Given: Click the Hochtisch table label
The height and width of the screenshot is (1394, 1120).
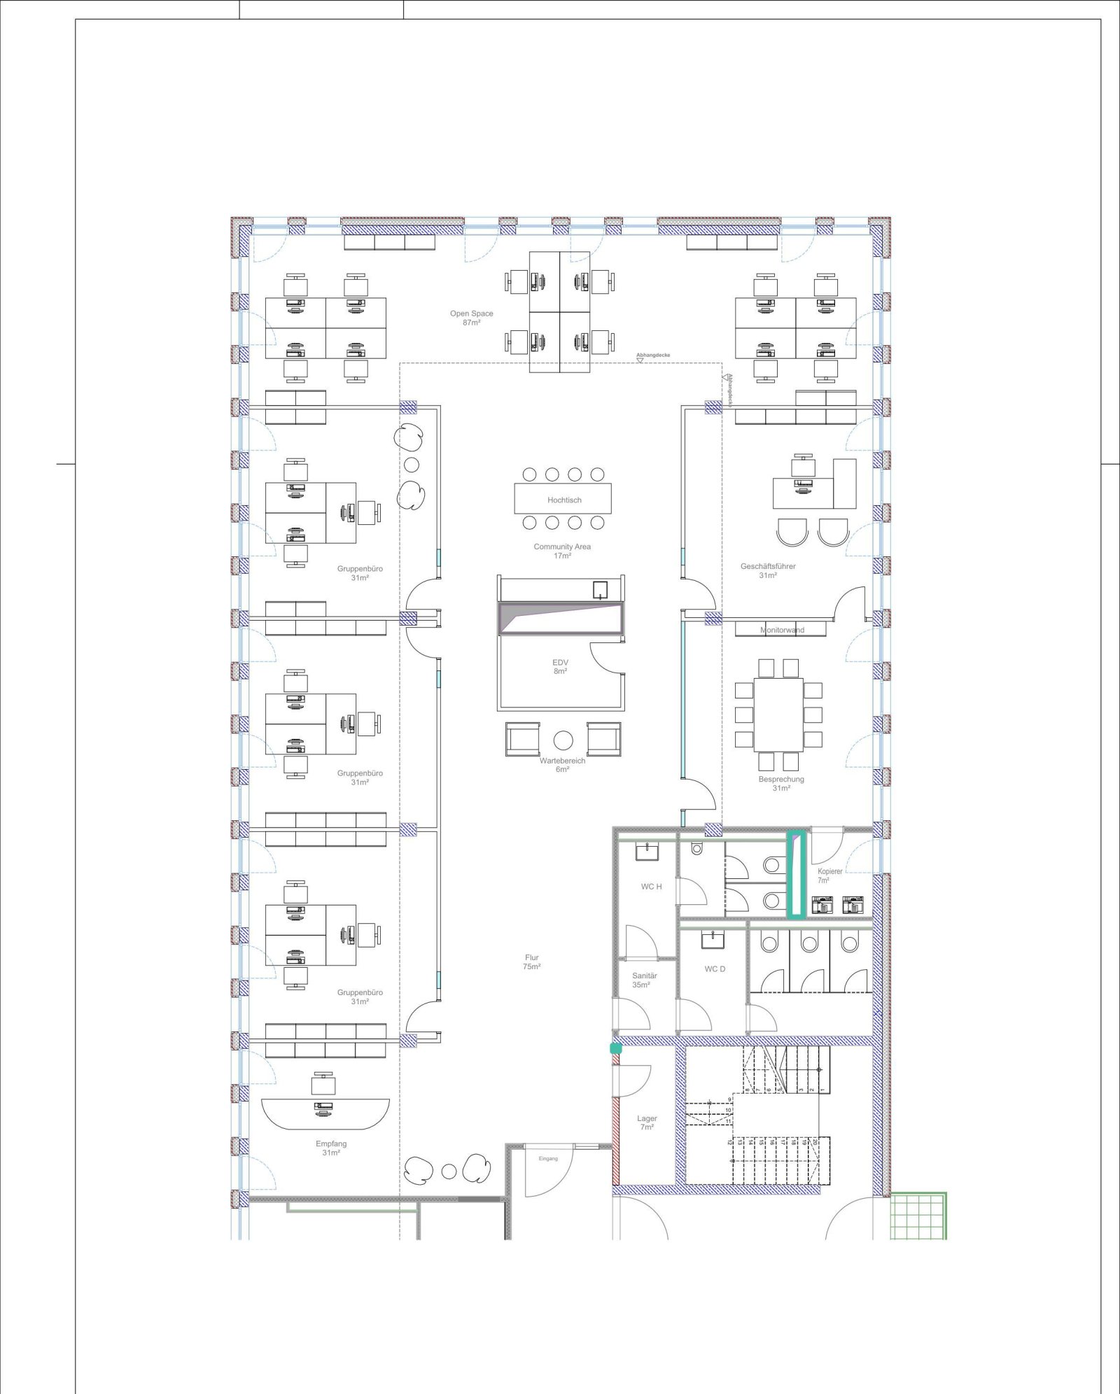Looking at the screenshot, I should [564, 500].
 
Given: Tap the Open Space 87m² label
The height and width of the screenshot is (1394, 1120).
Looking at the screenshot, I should [472, 318].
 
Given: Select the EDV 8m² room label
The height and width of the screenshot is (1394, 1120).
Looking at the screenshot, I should [560, 666].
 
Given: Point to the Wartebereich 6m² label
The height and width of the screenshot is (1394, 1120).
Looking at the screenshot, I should [562, 765].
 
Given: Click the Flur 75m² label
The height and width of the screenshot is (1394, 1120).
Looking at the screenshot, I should [532, 962].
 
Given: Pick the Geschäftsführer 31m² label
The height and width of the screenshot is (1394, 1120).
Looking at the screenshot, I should [768, 570].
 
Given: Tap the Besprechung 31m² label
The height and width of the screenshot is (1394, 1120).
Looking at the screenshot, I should [781, 783].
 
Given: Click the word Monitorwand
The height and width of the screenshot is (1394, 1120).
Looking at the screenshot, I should [782, 630].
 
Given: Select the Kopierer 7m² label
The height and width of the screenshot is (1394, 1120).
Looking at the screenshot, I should [829, 875].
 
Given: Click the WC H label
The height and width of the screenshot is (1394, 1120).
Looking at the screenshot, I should [651, 887].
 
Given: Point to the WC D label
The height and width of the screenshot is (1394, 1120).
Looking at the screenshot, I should [715, 969].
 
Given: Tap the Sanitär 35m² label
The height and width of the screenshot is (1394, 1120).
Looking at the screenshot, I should [644, 980].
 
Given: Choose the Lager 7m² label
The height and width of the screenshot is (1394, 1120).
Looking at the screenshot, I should [647, 1122].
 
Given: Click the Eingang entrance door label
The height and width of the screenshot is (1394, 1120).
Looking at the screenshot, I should [548, 1158].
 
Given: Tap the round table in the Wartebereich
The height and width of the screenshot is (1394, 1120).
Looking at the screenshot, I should [563, 740].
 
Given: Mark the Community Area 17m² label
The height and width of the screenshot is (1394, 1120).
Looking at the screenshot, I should [562, 551].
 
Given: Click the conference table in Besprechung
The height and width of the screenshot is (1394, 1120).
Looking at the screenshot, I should [778, 714].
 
